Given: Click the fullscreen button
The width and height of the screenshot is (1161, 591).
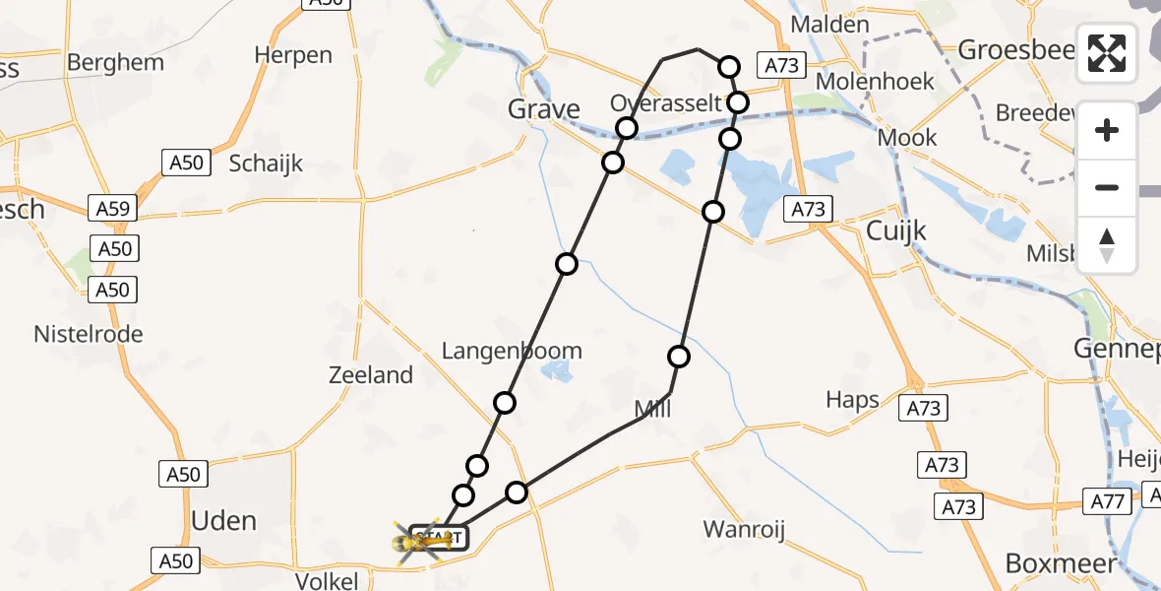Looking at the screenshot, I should (x=1107, y=53).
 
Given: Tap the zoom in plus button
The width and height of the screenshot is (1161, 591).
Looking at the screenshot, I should (x=1107, y=130).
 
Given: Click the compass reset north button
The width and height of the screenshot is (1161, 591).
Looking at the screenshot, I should (x=1107, y=245).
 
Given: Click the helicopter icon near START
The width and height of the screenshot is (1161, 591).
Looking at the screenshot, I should (x=418, y=540).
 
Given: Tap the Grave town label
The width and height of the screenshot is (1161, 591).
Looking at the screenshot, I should (x=544, y=108).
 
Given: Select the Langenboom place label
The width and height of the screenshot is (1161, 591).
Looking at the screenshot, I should (x=512, y=351).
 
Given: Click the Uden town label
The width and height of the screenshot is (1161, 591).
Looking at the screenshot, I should (x=224, y=521).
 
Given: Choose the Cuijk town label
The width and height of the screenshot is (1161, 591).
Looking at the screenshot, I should (x=896, y=230).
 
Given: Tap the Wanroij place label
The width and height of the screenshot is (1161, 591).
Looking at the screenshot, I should (x=744, y=530).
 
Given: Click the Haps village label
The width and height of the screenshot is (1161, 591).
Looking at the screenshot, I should (x=853, y=400).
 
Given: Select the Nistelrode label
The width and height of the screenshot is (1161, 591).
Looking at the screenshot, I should (x=89, y=334).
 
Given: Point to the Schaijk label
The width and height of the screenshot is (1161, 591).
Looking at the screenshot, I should (x=266, y=164).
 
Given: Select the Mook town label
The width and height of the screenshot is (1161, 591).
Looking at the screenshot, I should (x=907, y=138).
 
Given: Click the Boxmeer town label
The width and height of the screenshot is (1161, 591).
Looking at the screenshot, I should (x=1062, y=563).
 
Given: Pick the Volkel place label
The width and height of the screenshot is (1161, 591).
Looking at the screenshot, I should (x=327, y=581).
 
